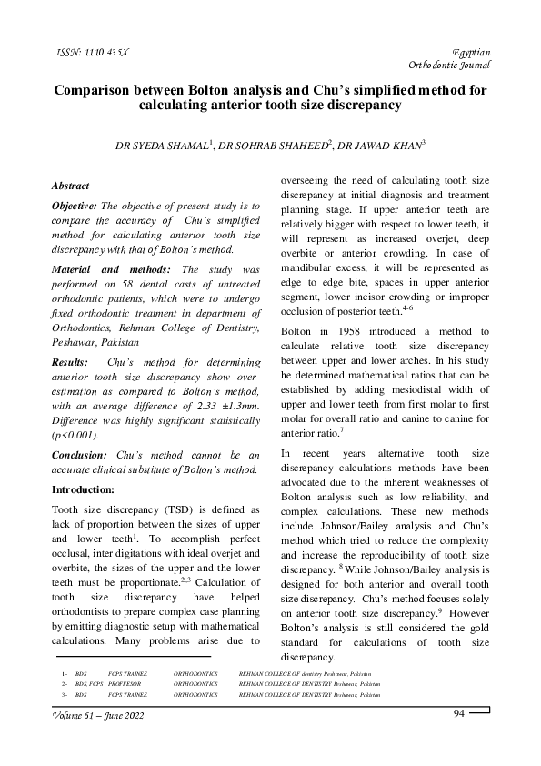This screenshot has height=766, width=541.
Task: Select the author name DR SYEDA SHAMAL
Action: (x=162, y=145)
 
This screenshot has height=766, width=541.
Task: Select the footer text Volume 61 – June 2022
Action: (x=98, y=716)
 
